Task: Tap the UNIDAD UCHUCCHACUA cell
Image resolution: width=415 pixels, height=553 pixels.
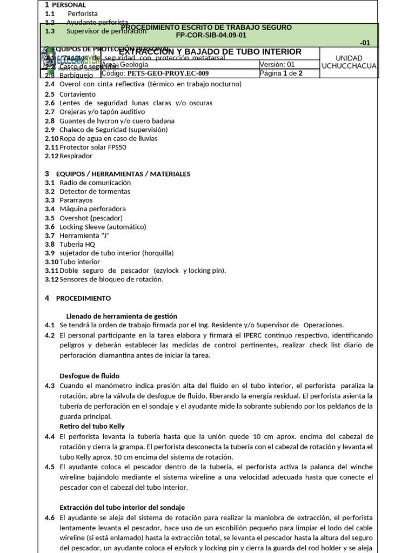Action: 349,62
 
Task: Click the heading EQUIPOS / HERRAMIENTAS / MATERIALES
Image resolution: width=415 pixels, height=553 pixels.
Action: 123,174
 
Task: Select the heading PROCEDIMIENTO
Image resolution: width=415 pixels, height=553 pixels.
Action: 83,298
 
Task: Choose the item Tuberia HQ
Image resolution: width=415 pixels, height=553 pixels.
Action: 77,244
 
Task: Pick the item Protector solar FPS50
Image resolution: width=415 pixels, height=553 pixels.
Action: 93,147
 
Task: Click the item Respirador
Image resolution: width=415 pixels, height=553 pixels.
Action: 76,156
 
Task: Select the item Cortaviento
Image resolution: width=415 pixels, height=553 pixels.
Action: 77,94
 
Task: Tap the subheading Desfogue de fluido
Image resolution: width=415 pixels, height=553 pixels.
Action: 89,376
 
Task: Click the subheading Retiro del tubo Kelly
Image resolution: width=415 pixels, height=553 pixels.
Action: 92,427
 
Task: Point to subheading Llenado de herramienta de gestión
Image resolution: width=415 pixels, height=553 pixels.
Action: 122,316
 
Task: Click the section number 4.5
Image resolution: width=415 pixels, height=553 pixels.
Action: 50,467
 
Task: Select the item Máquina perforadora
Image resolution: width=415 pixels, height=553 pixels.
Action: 92,209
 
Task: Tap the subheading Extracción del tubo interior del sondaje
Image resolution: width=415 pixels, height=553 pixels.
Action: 122,507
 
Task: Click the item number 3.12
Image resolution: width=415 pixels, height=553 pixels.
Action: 51,279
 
